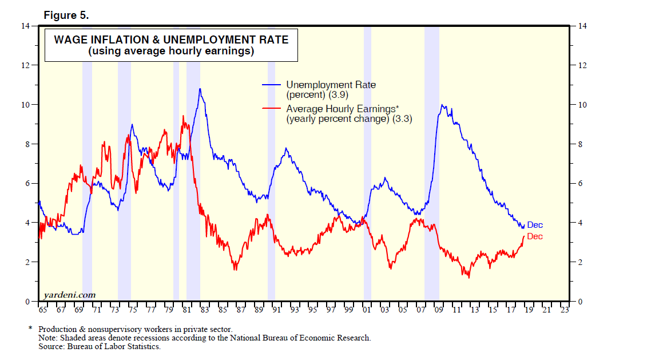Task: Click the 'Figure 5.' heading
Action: [x=66, y=15]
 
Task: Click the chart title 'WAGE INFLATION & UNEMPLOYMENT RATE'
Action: [x=171, y=39]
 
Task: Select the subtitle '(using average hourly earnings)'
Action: [x=171, y=52]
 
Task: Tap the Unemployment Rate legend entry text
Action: [x=331, y=85]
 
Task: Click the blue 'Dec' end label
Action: [x=535, y=225]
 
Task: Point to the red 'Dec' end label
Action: [x=535, y=236]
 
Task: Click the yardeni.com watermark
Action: [x=69, y=295]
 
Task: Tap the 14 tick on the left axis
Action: [x=26, y=26]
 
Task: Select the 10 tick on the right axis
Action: [x=582, y=105]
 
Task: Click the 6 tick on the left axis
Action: [x=26, y=183]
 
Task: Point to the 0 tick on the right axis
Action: [x=581, y=301]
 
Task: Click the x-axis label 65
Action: [x=42, y=310]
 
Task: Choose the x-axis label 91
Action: [x=276, y=310]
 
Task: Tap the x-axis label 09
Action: [x=439, y=310]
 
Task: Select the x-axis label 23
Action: [x=565, y=310]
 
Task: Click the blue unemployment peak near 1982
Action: [x=200, y=89]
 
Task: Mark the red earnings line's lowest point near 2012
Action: [x=469, y=278]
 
